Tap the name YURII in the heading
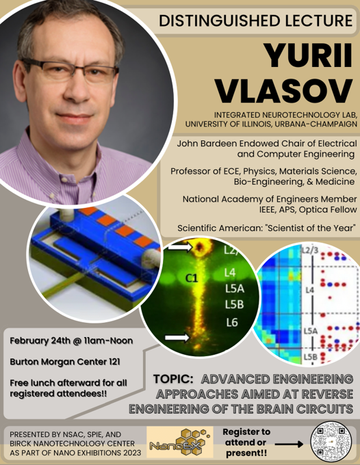click(309, 56)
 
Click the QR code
click(331, 442)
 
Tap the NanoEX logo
click(180, 442)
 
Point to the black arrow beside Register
click(289, 444)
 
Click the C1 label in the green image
click(192, 278)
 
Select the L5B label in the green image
click(234, 304)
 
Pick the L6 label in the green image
click(232, 322)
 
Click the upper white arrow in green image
click(178, 247)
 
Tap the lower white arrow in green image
click(177, 338)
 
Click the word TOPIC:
click(173, 379)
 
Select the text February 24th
click(39, 341)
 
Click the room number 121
click(114, 362)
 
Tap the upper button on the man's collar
click(63, 178)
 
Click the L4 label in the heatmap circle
click(309, 289)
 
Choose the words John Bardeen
click(207, 144)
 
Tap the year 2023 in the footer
click(131, 453)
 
